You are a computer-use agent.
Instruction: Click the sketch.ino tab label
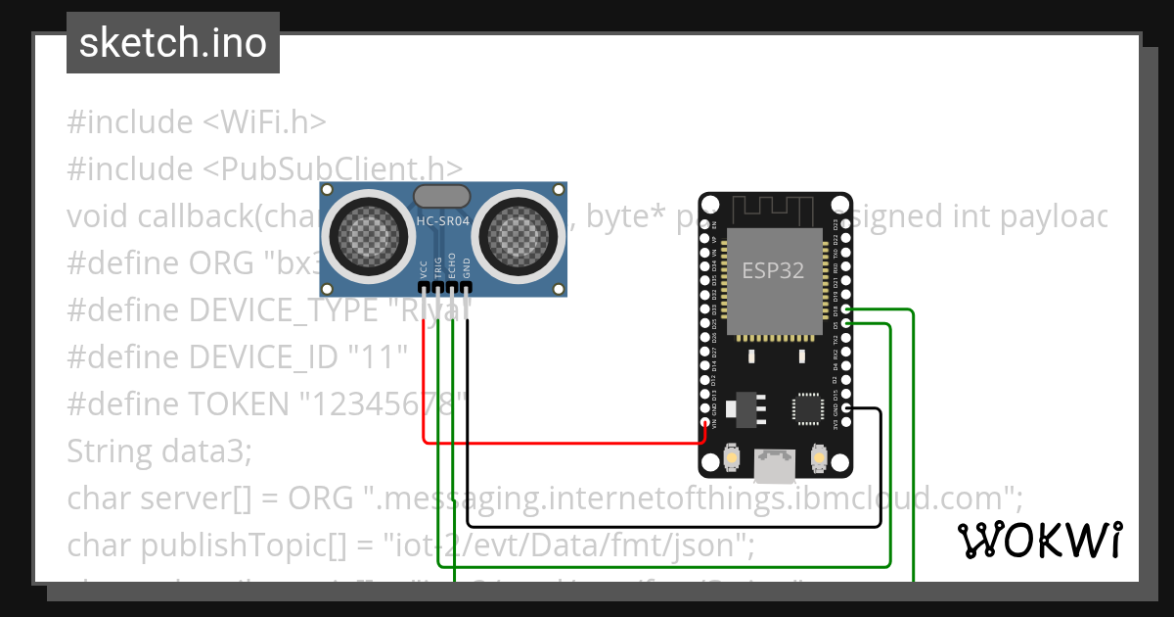[x=173, y=43]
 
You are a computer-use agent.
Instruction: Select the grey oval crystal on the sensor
[x=443, y=197]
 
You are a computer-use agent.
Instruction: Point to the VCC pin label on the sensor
[x=423, y=268]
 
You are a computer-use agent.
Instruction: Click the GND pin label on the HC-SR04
[x=467, y=268]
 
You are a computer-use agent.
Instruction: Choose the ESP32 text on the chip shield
[x=773, y=270]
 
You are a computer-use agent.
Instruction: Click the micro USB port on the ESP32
[x=775, y=466]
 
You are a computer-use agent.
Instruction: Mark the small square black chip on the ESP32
[x=808, y=408]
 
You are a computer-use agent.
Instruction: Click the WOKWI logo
[x=1039, y=540]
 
